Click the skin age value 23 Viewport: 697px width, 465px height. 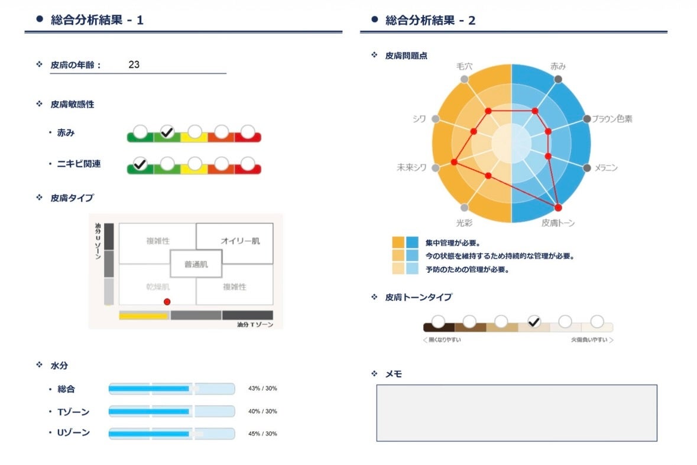point(134,65)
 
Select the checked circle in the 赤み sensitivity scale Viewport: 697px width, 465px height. point(167,132)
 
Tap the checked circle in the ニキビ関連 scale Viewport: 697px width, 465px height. point(140,164)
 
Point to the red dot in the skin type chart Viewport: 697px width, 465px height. point(167,302)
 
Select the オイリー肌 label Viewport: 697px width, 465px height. point(240,241)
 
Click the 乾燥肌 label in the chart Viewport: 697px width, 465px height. point(158,287)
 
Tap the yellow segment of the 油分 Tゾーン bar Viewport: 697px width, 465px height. point(144,315)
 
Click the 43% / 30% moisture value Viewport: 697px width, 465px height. point(262,389)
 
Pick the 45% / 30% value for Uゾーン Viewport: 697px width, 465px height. point(262,434)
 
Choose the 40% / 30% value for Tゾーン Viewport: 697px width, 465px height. point(262,411)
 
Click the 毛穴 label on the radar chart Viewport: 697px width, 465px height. point(465,67)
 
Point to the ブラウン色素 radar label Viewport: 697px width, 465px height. point(612,119)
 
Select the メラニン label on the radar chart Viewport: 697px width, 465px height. point(606,168)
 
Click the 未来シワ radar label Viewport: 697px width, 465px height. point(411,168)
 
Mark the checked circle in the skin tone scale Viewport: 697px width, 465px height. point(534,322)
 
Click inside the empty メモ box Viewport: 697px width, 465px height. point(516,413)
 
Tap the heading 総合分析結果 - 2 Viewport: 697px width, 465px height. point(430,20)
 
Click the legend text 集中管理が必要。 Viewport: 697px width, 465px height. point(452,243)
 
